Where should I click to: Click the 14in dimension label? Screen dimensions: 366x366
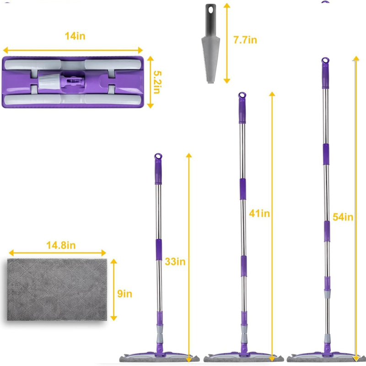75,36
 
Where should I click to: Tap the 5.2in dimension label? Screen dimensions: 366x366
157,82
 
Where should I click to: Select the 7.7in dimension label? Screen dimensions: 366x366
245,40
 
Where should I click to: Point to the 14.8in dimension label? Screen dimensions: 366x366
61,245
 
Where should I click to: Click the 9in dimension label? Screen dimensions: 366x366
124,294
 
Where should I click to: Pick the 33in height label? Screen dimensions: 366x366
175,261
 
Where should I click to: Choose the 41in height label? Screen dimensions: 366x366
259,213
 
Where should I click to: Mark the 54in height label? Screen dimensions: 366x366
343,217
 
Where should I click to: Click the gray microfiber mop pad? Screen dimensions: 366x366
57,290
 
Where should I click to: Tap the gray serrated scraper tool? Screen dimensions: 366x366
210,43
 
